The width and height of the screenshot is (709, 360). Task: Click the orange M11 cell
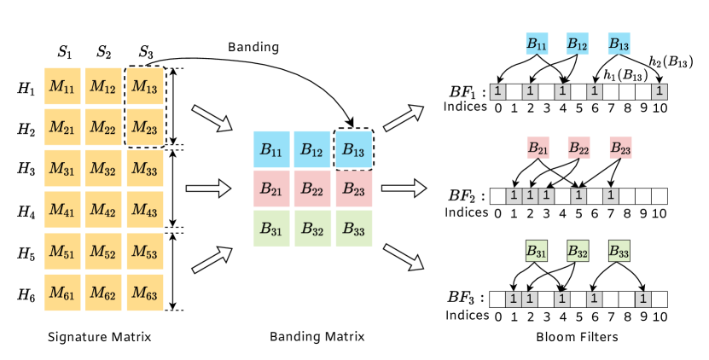(62, 86)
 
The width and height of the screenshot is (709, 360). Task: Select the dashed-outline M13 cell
(145, 86)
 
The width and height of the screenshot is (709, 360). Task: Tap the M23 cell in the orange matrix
(145, 127)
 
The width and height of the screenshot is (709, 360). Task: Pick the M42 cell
(103, 210)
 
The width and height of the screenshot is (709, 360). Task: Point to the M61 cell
(62, 293)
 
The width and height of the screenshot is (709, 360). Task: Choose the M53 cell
(145, 252)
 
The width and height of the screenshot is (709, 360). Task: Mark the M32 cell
(103, 169)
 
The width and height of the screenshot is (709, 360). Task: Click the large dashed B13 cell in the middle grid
(353, 149)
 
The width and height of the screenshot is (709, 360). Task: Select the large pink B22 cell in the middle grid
(312, 189)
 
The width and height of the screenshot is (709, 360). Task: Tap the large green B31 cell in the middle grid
(271, 228)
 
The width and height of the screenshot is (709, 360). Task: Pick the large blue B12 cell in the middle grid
(312, 149)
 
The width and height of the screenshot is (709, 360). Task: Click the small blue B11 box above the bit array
(537, 44)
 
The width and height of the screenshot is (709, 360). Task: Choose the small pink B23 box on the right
(620, 148)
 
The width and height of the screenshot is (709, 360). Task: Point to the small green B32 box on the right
(578, 252)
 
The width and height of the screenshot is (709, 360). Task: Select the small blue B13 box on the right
(619, 44)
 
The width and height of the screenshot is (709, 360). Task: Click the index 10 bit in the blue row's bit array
(659, 91)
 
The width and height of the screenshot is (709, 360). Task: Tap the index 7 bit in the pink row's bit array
(610, 196)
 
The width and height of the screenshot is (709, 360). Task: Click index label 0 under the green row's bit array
(497, 318)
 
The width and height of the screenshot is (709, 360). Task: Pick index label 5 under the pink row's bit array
(578, 213)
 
